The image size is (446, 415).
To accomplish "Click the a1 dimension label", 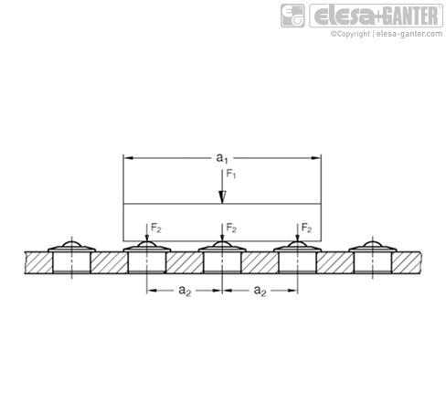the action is point(221,158).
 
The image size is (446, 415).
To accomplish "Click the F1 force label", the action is point(231,174).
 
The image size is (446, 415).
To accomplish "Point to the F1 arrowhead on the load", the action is point(222,197).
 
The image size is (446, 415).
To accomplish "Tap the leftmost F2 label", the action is point(156,228).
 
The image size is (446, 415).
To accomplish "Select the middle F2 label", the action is point(231,228).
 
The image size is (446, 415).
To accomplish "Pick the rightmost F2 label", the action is point(306,228).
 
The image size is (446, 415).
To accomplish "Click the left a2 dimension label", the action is point(185,291).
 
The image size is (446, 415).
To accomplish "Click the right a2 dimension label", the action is point(260,291).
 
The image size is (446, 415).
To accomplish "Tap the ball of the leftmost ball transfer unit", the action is point(72,244).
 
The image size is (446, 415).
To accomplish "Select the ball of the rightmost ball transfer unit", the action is point(373,244).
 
